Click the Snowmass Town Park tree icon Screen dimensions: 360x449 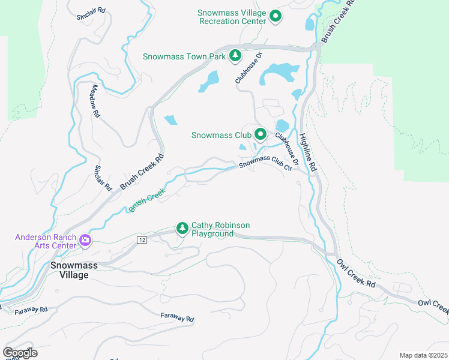tap(235, 56)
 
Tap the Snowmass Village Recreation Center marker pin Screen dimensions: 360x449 tap(276, 16)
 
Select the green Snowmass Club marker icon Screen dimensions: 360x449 tap(260, 134)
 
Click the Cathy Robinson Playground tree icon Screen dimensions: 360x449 tap(182, 228)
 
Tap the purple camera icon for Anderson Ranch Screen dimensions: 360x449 tap(85, 241)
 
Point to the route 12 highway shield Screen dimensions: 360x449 tap(141, 240)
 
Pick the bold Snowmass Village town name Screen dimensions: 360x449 tap(70, 269)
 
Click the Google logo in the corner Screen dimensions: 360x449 tap(20, 353)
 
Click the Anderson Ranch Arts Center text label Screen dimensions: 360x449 tap(46, 241)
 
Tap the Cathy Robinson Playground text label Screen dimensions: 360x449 tap(220, 229)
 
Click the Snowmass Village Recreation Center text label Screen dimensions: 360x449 tap(232, 17)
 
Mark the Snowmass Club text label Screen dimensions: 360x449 tap(221, 135)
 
